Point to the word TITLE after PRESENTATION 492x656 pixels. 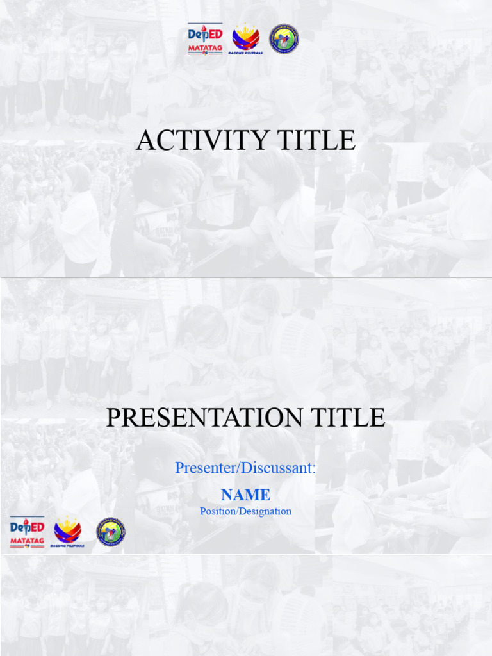click(x=352, y=418)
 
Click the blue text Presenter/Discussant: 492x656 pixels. click(x=245, y=468)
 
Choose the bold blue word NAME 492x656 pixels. click(x=245, y=495)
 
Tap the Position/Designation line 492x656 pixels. click(x=245, y=511)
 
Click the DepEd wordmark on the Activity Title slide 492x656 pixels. click(x=205, y=35)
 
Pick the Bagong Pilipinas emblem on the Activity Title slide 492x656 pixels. click(x=246, y=37)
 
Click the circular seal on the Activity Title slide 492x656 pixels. click(x=284, y=39)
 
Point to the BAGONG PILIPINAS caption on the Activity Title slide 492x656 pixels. click(x=246, y=53)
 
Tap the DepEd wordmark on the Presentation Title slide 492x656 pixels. click(x=27, y=528)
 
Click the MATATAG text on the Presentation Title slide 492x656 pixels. click(x=27, y=542)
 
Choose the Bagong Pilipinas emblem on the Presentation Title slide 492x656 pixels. click(x=67, y=529)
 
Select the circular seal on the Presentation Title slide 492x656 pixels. click(x=111, y=532)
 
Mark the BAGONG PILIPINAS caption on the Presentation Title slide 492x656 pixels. click(x=67, y=546)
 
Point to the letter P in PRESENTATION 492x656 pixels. click(x=113, y=418)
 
